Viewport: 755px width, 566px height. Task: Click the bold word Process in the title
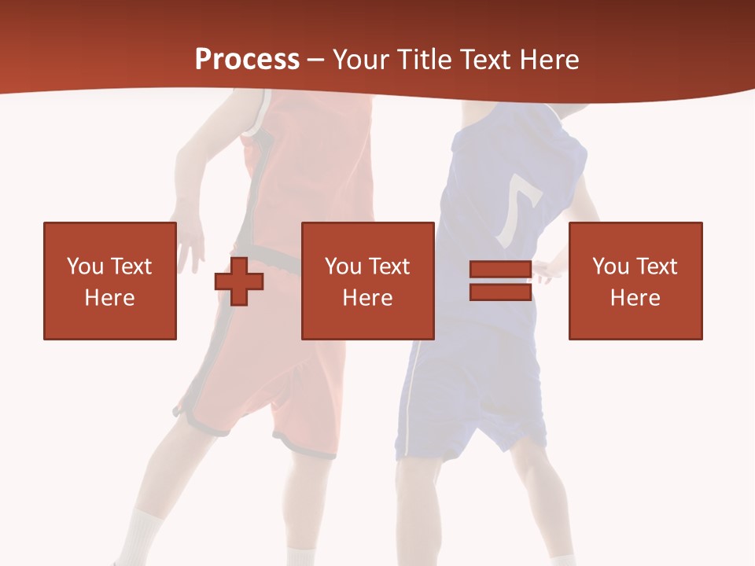pyautogui.click(x=247, y=60)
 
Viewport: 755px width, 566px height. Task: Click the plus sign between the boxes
pyautogui.click(x=239, y=281)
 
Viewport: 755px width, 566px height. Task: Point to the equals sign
pyautogui.click(x=500, y=281)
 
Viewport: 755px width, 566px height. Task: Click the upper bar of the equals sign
pyautogui.click(x=500, y=270)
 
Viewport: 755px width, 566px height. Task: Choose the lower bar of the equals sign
pyautogui.click(x=500, y=292)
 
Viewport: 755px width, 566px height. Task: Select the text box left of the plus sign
pyautogui.click(x=109, y=281)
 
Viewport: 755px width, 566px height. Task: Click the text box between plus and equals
pyautogui.click(x=367, y=281)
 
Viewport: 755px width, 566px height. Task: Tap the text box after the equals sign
pyautogui.click(x=635, y=281)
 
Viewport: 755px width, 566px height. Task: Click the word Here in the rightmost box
pyautogui.click(x=635, y=297)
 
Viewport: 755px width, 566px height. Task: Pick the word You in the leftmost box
pyautogui.click(x=85, y=266)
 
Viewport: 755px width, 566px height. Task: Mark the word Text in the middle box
pyautogui.click(x=389, y=266)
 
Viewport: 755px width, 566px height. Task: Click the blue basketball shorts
pyautogui.click(x=472, y=393)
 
